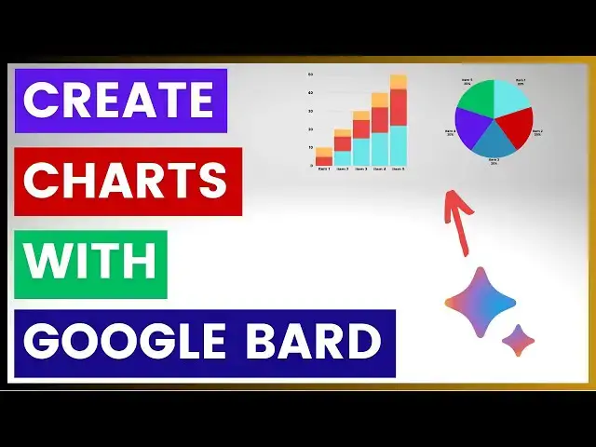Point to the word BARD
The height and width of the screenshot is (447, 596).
(322, 343)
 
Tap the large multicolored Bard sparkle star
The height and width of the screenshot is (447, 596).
(480, 304)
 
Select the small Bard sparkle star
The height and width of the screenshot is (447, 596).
(518, 340)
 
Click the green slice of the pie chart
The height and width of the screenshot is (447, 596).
(476, 100)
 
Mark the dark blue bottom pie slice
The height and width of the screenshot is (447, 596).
(494, 142)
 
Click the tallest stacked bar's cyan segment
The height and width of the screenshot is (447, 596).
(399, 145)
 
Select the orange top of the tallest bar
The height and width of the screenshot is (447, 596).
(399, 82)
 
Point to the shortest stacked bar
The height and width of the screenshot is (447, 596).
(323, 156)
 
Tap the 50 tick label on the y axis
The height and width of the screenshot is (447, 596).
(310, 74)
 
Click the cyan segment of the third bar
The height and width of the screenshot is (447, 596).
(361, 152)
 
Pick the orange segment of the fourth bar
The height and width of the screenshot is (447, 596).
(380, 100)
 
